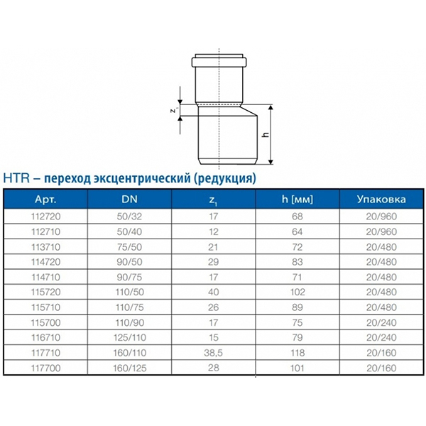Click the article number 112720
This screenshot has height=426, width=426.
click(x=45, y=217)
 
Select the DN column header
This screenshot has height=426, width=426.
click(x=130, y=200)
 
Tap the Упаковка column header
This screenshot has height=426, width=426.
click(x=381, y=200)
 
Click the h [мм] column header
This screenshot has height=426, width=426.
click(x=297, y=200)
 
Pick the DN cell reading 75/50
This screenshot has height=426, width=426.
click(x=130, y=247)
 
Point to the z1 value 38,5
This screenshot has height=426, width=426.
click(x=214, y=353)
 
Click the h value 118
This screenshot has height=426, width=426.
click(x=297, y=353)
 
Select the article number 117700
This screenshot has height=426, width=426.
click(x=45, y=368)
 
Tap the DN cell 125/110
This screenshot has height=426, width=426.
click(x=130, y=337)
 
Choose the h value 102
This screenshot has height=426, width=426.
click(x=297, y=292)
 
